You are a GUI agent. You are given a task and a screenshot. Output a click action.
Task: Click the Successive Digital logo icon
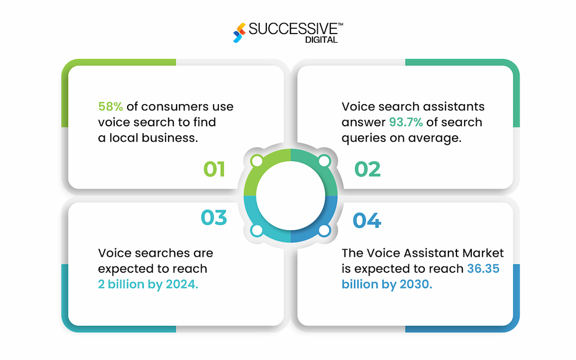pyautogui.click(x=240, y=33)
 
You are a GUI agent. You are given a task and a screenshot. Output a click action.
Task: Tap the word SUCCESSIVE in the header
pyautogui.click(x=293, y=29)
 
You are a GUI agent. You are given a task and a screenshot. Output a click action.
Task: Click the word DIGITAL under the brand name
pyautogui.click(x=322, y=40)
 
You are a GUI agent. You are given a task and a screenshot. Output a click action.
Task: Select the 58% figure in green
pyautogui.click(x=110, y=107)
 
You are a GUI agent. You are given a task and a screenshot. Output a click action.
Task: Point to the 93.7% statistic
pyautogui.click(x=406, y=122)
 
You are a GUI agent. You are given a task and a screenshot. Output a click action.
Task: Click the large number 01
pyautogui.click(x=214, y=169)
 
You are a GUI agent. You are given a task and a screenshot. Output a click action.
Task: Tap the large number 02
pyautogui.click(x=368, y=169)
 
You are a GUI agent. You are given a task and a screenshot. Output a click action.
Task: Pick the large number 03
pyautogui.click(x=214, y=217)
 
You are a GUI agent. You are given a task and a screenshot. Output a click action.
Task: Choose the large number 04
pyautogui.click(x=367, y=220)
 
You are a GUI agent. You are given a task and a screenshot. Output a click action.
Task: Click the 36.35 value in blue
pyautogui.click(x=483, y=268)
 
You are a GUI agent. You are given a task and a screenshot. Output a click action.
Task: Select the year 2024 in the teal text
pyautogui.click(x=182, y=284)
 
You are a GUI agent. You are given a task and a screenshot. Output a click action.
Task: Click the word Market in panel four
pyautogui.click(x=483, y=253)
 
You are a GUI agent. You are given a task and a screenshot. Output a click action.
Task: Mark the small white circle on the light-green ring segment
pyautogui.click(x=257, y=161)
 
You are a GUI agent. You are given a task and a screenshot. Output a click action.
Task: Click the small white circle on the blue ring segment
pyautogui.click(x=324, y=230)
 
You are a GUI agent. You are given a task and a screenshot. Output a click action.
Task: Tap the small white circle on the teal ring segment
pyautogui.click(x=257, y=230)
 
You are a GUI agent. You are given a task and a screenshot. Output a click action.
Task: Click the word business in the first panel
pyautogui.click(x=170, y=138)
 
